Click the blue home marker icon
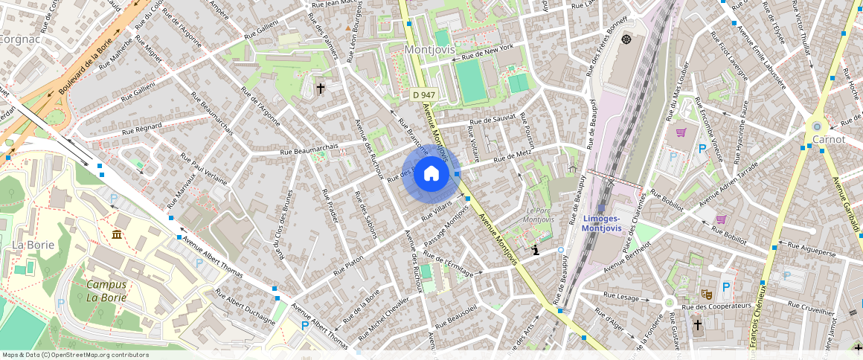click(431, 174)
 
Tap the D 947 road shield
click(423, 94)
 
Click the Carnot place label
click(828, 139)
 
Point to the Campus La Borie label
click(106, 291)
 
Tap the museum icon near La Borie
click(117, 235)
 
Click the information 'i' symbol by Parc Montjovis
click(536, 251)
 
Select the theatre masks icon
click(705, 295)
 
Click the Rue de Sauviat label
click(493, 119)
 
